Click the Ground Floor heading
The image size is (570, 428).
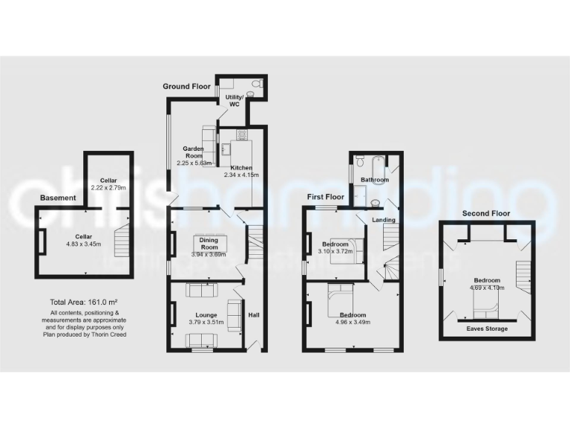click(187, 87)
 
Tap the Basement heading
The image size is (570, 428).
click(58, 198)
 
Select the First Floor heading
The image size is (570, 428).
click(327, 197)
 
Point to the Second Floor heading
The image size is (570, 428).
click(487, 213)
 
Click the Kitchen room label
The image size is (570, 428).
click(241, 168)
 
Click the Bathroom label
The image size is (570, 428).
click(374, 180)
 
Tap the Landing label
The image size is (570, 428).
click(384, 220)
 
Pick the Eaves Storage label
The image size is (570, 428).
click(487, 328)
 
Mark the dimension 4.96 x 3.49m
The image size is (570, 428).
click(351, 323)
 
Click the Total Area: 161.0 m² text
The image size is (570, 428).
click(85, 302)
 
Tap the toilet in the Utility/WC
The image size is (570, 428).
click(256, 85)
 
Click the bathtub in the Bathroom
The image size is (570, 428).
click(369, 160)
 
